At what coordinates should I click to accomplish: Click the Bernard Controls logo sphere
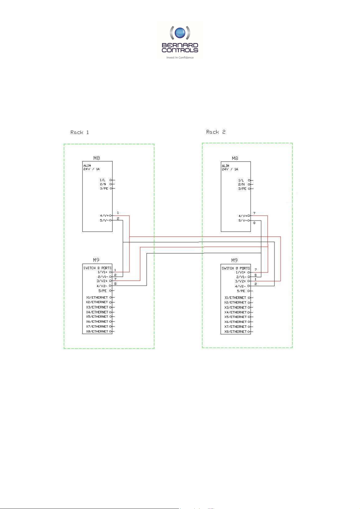pyautogui.click(x=180, y=33)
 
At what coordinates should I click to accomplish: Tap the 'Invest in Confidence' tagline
pyautogui.click(x=180, y=58)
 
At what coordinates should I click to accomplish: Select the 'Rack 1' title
pyautogui.click(x=79, y=132)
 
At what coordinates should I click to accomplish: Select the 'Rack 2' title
pyautogui.click(x=216, y=132)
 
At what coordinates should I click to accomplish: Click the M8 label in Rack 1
pyautogui.click(x=96, y=158)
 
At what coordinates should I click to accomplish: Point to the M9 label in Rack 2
pyautogui.click(x=235, y=260)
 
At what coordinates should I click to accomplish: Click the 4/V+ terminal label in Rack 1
pyautogui.click(x=105, y=215)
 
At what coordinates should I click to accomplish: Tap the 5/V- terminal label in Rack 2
pyautogui.click(x=243, y=221)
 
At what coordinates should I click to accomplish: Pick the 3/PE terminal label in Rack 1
pyautogui.click(x=104, y=188)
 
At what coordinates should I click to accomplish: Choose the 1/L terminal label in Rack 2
pyautogui.click(x=241, y=180)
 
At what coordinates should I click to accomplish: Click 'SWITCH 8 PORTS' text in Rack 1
pyautogui.click(x=97, y=268)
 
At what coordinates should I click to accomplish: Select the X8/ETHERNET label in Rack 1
pyautogui.click(x=97, y=332)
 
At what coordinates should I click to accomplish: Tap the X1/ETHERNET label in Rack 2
pyautogui.click(x=235, y=298)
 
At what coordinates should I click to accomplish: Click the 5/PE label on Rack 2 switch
pyautogui.click(x=241, y=291)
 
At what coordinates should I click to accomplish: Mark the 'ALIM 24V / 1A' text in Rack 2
pyautogui.click(x=230, y=168)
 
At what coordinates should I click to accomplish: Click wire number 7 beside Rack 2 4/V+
pyautogui.click(x=254, y=213)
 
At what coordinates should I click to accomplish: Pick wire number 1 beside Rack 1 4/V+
pyautogui.click(x=118, y=213)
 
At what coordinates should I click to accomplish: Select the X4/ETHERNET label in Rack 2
pyautogui.click(x=235, y=312)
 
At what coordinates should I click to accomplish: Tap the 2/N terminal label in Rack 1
pyautogui.click(x=103, y=184)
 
